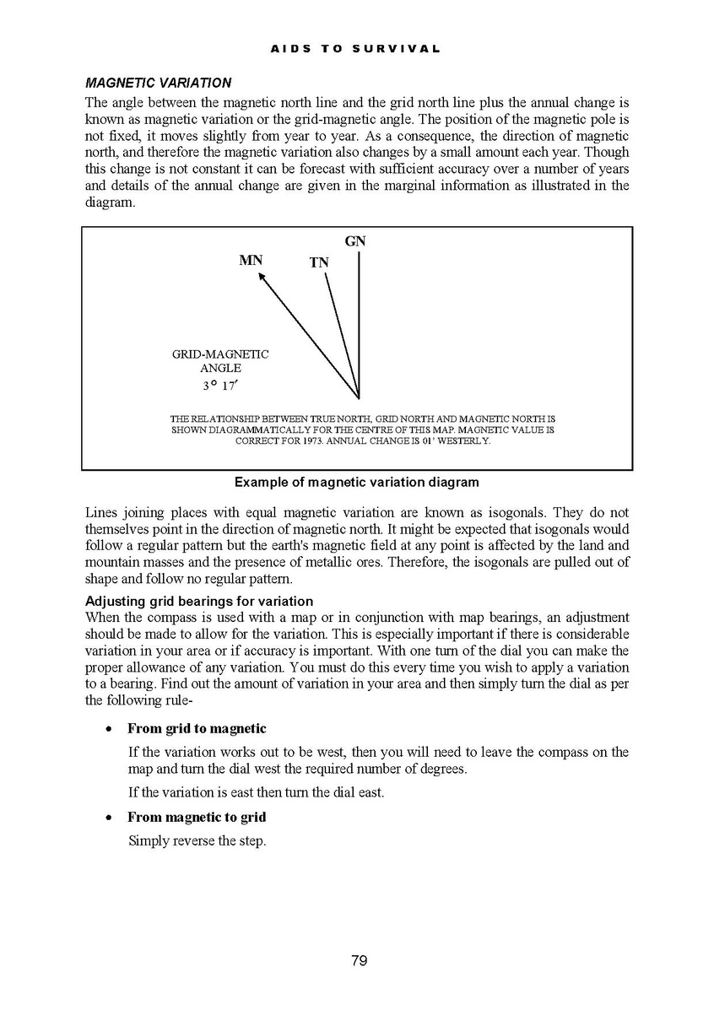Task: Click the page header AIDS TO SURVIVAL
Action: pos(355,49)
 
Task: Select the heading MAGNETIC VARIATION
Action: pos(158,84)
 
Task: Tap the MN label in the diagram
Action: pos(251,261)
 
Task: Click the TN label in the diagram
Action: pos(319,263)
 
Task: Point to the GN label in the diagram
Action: pos(355,242)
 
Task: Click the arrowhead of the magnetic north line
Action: pos(262,276)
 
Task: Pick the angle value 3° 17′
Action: pos(219,386)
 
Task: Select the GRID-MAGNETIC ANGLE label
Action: pos(220,361)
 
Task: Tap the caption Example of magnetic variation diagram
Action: pos(356,483)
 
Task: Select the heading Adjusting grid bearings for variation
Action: pos(199,602)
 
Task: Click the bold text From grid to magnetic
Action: pos(197,729)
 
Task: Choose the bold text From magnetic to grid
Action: pos(197,818)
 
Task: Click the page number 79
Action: pos(359,960)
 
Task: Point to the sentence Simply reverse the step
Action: pos(197,840)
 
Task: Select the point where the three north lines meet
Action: pos(360,397)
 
